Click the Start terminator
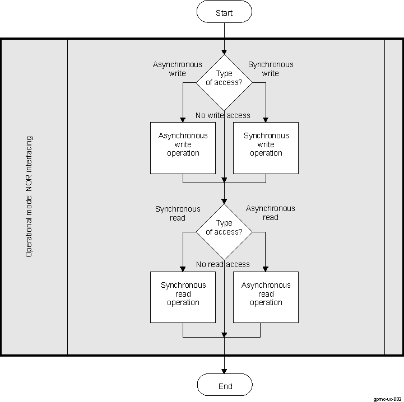click(224, 12)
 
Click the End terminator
click(224, 385)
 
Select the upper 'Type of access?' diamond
click(224, 82)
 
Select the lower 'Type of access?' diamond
click(224, 231)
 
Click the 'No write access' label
click(222, 115)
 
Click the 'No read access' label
click(222, 264)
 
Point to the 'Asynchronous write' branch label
click(177, 69)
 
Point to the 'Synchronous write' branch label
click(271, 69)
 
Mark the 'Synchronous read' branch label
click(177, 213)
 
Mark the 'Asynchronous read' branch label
click(271, 213)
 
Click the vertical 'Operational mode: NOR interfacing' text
click(29, 196)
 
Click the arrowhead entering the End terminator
click(224, 371)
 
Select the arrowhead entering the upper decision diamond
click(224, 51)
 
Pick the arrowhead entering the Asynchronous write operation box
click(183, 119)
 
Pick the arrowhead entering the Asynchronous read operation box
click(266, 269)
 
